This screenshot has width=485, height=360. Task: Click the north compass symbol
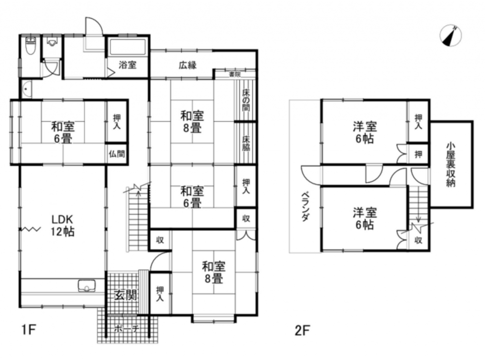point(451,36)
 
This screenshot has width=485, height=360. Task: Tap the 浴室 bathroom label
point(128,65)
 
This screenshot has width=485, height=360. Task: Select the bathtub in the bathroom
point(128,47)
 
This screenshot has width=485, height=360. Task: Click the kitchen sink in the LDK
point(87,285)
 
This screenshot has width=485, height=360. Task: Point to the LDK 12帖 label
point(63,225)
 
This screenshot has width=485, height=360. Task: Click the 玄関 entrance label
point(126,296)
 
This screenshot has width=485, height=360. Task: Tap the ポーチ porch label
point(126,329)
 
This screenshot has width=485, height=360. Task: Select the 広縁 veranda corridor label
point(187,65)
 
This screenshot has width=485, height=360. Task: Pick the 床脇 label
point(246,143)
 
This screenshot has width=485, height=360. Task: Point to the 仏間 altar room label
point(116,154)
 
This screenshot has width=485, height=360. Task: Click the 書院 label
point(235,74)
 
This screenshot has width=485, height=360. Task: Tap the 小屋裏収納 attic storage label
point(451,164)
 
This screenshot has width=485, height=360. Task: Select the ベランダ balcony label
point(305,207)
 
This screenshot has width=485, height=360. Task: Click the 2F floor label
point(302,330)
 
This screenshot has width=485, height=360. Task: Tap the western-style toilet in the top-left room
point(30,46)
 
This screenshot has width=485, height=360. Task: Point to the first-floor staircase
point(138,219)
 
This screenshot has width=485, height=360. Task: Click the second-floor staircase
point(418,205)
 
